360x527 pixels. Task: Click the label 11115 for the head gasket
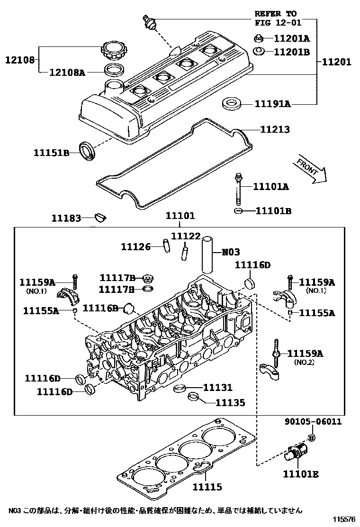tap(207, 487)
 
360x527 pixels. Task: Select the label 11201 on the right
tap(337, 62)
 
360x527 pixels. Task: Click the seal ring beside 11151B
tap(87, 150)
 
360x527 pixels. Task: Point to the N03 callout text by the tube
tap(231, 252)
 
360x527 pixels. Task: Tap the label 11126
tap(135, 246)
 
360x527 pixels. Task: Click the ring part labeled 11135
tap(194, 397)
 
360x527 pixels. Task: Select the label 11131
tap(218, 388)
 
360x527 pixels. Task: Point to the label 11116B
tap(100, 309)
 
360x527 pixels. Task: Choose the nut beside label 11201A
tap(259, 38)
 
